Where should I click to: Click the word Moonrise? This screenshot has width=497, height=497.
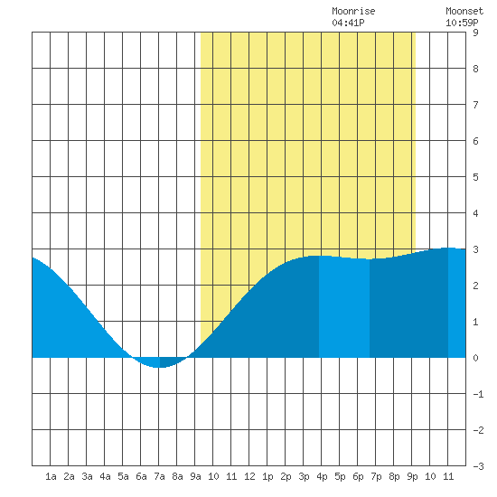point(353,11)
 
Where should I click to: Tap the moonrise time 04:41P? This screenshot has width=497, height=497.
point(348,23)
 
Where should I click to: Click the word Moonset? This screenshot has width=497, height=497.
point(464,11)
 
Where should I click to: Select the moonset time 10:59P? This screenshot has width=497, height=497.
point(462,23)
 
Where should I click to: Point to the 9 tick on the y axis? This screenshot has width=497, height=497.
point(475,33)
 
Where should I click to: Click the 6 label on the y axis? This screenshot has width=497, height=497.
point(475,141)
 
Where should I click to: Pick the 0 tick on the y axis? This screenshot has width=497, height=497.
point(475,358)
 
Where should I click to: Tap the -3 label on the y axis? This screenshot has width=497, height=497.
point(478,466)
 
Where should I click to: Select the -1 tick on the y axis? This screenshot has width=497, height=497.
point(478,394)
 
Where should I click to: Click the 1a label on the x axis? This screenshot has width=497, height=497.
point(51,476)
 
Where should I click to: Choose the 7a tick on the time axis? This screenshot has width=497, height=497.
point(159,476)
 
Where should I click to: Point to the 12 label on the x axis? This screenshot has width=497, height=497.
point(249,476)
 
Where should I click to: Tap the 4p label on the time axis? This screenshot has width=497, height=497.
point(322,476)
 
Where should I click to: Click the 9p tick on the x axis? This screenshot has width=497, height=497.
point(412,476)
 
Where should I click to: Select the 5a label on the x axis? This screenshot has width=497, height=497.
point(123,476)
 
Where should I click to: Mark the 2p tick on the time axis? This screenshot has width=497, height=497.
point(286,476)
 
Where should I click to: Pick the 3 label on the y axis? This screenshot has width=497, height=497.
point(475,249)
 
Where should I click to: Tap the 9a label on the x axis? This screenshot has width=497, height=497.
point(195,476)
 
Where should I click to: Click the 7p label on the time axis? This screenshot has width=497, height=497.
point(376,476)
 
